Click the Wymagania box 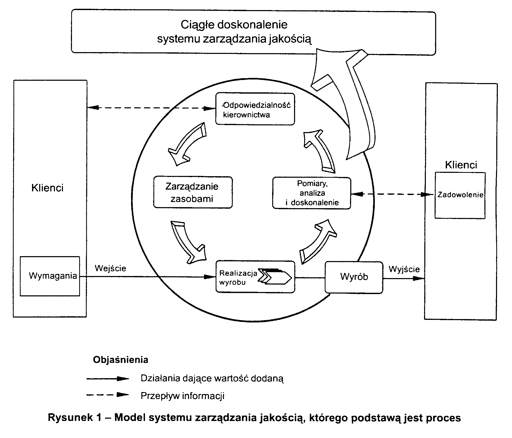pos(50,276)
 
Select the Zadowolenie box pos(460,195)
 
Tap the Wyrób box pos(354,277)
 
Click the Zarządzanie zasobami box pos(193,192)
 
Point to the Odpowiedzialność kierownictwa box pos(255,109)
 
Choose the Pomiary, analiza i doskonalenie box pos(312,193)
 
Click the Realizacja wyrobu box pos(255,277)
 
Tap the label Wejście pos(110,268)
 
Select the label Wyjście pos(404,269)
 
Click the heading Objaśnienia pos(120,360)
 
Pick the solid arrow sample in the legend pos(108,379)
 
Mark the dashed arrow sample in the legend pos(108,395)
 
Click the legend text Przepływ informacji pos(182,396)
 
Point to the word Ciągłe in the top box pos(198,25)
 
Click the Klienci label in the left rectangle pos(47,188)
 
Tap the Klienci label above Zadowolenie pos(461,165)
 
